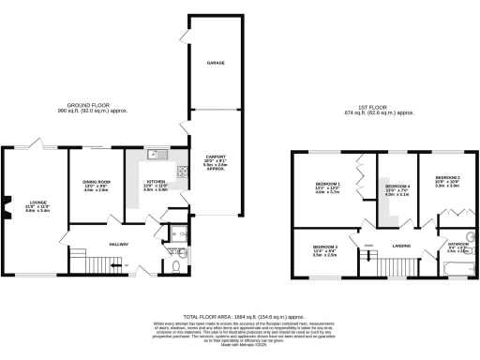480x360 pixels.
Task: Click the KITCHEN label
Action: point(156,181)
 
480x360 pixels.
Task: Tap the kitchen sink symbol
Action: point(160,154)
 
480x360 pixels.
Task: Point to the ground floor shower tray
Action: point(177,233)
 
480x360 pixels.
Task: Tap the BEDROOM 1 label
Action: point(326,187)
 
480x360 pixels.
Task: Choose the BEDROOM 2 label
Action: point(446,178)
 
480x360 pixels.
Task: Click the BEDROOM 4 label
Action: point(398,187)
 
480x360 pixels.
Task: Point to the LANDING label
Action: point(401,246)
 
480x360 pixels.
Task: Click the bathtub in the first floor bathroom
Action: point(460,269)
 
